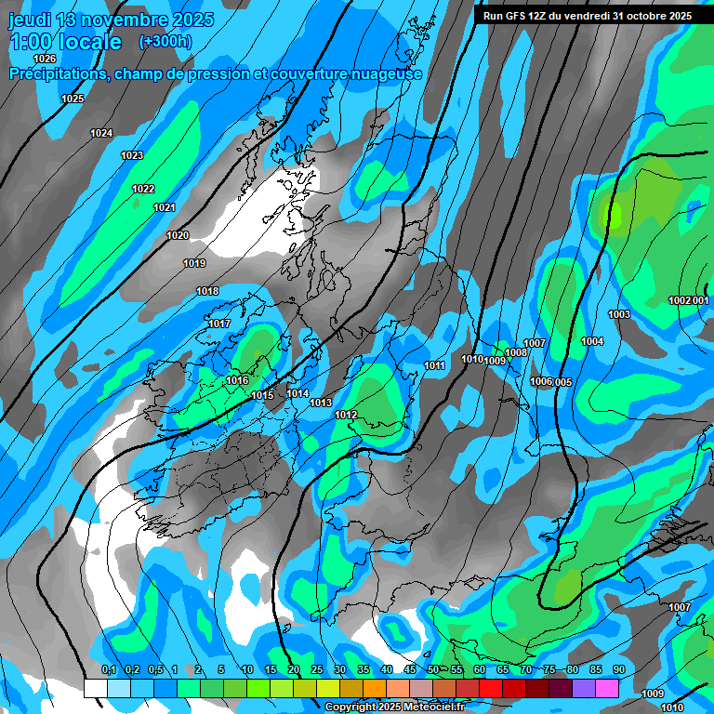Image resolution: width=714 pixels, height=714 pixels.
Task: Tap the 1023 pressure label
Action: pos(132,155)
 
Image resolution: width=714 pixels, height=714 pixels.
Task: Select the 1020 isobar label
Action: pos(178,235)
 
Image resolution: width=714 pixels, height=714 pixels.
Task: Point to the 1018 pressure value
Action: pos(207,292)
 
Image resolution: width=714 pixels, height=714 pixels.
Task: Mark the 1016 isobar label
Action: pos(237,380)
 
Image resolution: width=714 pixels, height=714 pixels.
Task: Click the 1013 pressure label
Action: pos(321,403)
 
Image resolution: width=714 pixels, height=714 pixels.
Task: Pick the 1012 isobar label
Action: pos(347,415)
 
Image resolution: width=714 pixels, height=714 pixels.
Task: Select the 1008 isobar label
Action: pos(517,352)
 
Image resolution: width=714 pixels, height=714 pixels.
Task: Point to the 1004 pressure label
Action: pos(592,341)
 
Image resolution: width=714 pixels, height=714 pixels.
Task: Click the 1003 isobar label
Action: pos(619,314)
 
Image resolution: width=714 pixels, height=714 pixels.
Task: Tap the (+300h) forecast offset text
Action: pos(165,42)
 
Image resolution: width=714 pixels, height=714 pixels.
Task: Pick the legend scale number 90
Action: pos(618,670)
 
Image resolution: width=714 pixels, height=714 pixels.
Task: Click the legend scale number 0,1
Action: pos(109,670)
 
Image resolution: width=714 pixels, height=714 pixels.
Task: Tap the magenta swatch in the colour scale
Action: pos(607,688)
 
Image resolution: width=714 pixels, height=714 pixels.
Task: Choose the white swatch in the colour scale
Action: pos(95,688)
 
